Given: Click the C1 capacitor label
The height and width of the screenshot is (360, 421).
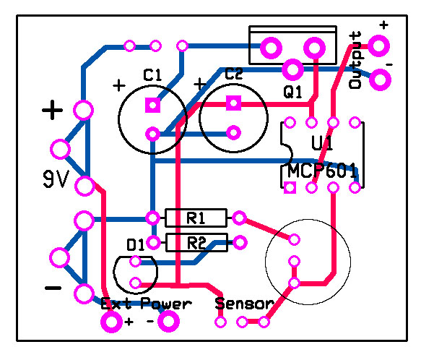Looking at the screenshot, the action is [152, 75].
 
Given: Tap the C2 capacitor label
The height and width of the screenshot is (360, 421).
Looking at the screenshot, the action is [233, 74].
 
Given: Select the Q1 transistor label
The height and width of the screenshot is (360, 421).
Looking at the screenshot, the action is [292, 93].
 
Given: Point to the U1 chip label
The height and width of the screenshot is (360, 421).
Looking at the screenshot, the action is [322, 142].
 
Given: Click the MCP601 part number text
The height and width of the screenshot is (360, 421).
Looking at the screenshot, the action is [322, 171].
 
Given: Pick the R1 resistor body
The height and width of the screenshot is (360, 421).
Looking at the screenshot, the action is [196, 218].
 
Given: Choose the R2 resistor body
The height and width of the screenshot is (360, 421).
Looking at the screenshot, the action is [197, 242].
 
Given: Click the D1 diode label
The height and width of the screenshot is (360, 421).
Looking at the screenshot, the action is [135, 245].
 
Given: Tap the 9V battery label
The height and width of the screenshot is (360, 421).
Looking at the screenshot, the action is [56, 179].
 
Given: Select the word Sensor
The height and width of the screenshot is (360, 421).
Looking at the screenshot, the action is [244, 304].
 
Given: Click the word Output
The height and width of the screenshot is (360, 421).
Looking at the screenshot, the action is [355, 61].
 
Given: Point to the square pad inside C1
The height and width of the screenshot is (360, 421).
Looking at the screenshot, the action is [153, 105].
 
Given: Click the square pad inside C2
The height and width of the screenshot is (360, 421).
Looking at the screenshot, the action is [233, 103].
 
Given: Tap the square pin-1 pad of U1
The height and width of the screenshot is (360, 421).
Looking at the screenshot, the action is [290, 188].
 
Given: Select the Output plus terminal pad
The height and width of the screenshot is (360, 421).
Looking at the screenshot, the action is [378, 46].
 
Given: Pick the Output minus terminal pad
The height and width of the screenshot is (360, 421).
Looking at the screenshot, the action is [380, 80].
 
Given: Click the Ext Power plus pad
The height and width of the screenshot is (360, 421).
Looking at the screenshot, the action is [111, 322].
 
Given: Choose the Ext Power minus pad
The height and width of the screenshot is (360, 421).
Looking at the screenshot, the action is [168, 321].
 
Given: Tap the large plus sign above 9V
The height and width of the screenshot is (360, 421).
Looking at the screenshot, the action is [53, 110].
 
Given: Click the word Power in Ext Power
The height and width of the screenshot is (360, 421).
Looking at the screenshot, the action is [166, 304].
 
